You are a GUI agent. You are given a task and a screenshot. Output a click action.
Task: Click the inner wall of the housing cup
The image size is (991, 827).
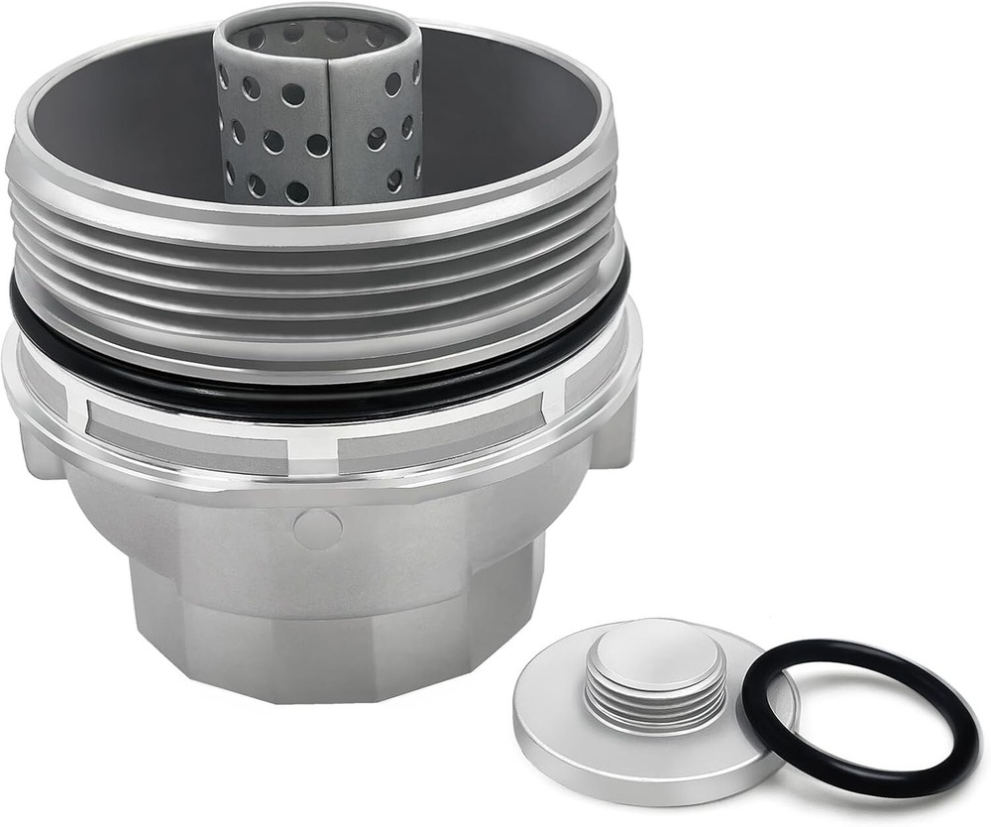pos(495,109)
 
